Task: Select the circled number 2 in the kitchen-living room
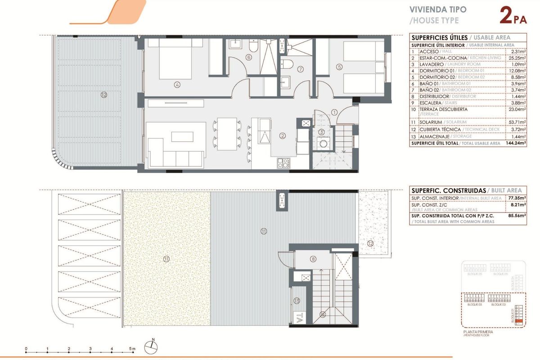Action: point(283,135)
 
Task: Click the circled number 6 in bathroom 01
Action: point(249,57)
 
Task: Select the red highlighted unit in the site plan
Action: point(519,321)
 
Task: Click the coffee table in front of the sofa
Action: point(182,136)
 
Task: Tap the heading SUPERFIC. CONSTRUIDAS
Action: point(439,190)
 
